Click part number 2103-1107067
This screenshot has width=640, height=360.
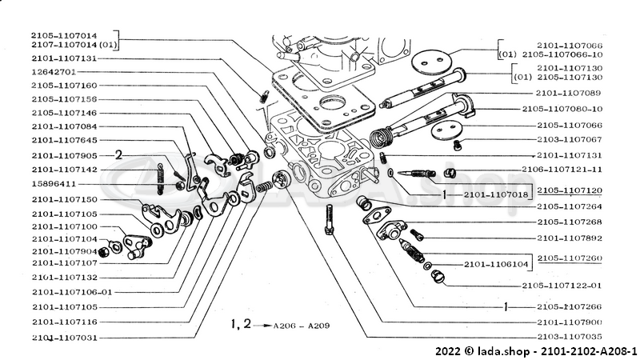click(x=570, y=139)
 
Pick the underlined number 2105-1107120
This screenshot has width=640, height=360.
click(x=570, y=191)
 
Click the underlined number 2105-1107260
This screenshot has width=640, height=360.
click(x=570, y=258)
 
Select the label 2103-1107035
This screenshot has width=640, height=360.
click(x=570, y=337)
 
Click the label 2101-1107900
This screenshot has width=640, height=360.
click(x=570, y=322)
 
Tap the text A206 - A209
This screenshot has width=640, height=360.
click(x=301, y=326)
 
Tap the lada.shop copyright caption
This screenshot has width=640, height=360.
click(x=536, y=351)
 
